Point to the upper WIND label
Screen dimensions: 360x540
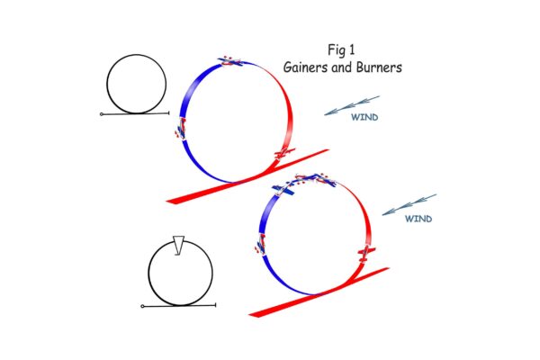(x=364, y=117)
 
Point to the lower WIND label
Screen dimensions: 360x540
(x=418, y=218)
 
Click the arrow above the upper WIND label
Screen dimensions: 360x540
(x=352, y=105)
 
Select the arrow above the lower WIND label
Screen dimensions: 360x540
(x=409, y=204)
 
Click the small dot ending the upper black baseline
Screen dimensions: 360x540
(x=102, y=114)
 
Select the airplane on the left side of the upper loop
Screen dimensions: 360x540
(x=181, y=129)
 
